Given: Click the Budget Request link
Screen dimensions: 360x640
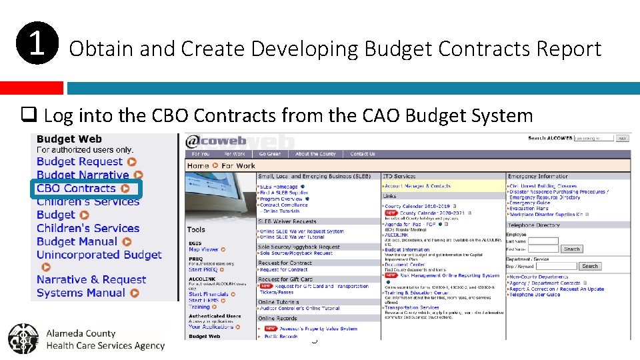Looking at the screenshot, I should pyautogui.click(x=80, y=161).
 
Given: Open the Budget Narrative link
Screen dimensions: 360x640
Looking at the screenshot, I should pyautogui.click(x=83, y=175).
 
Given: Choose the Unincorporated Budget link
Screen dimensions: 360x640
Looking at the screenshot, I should pyautogui.click(x=99, y=255).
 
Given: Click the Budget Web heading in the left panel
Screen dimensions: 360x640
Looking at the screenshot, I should pyautogui.click(x=69, y=139).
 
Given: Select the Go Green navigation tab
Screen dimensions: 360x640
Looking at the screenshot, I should pyautogui.click(x=269, y=154).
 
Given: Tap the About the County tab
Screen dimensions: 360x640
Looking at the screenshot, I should pyautogui.click(x=316, y=154).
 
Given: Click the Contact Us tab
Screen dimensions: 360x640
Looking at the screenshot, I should pyautogui.click(x=363, y=154).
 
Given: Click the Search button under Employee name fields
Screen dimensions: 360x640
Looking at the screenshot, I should pyautogui.click(x=571, y=249).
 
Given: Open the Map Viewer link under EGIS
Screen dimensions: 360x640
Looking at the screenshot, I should pyautogui.click(x=203, y=249).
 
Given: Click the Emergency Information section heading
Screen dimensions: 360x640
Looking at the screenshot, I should pyautogui.click(x=538, y=177).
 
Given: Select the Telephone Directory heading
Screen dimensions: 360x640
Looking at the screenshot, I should pyautogui.click(x=535, y=225).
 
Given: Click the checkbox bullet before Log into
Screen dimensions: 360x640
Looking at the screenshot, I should pyautogui.click(x=29, y=116).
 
